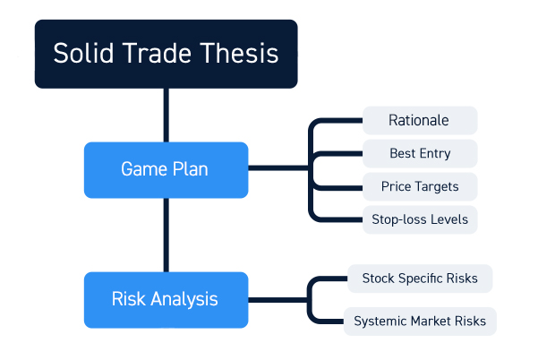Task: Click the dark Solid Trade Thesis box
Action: click(167, 54)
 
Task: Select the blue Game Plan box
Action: click(167, 170)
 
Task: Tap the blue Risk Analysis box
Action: click(167, 300)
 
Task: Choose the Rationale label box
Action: click(420, 121)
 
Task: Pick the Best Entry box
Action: click(420, 153)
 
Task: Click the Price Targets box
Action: click(420, 186)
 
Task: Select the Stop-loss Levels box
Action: click(420, 219)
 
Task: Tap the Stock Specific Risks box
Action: click(420, 279)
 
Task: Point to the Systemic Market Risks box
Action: click(420, 321)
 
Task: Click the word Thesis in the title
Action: click(239, 53)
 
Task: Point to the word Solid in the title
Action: click(83, 53)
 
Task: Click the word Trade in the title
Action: click(157, 53)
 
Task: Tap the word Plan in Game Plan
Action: click(191, 169)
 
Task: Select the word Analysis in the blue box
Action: click(184, 299)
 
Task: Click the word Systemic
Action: click(380, 321)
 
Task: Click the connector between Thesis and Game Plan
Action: click(167, 116)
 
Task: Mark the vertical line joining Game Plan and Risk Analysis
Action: click(167, 236)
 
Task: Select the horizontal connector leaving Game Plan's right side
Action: click(278, 167)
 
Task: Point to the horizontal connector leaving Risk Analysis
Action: click(278, 300)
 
